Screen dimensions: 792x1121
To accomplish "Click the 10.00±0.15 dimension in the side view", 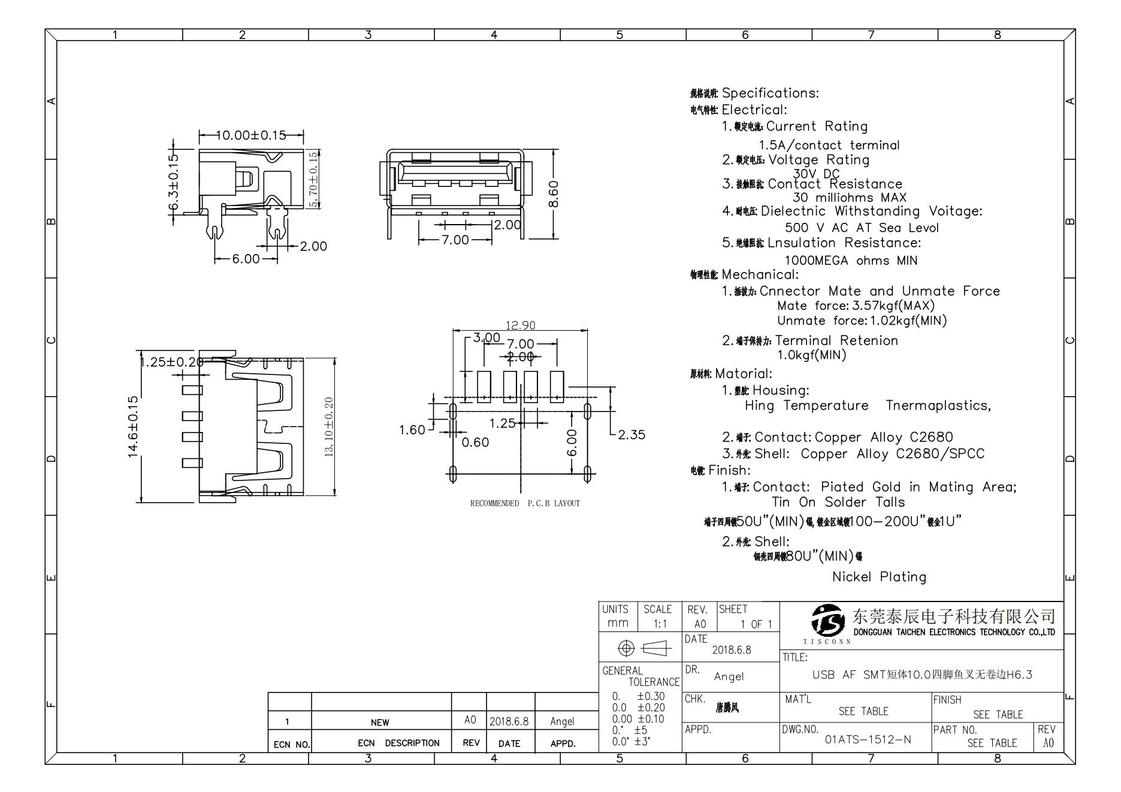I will (250, 135).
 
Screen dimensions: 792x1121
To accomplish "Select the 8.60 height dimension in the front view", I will (554, 194).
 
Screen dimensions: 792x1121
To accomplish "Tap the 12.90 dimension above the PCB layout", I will (520, 325).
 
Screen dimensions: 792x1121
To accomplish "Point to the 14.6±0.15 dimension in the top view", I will (133, 426).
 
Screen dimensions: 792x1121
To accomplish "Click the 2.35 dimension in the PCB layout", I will (631, 435).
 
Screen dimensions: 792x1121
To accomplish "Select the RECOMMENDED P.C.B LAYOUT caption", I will (525, 503).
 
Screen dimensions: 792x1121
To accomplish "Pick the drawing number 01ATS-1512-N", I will (868, 739).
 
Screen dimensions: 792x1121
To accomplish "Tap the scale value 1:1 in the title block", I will (660, 624).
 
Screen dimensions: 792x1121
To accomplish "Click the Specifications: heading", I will (770, 93).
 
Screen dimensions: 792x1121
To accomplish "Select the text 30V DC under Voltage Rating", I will (816, 174).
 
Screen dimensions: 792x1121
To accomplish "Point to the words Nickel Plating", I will (879, 577).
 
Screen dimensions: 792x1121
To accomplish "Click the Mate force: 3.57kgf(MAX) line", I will (856, 306).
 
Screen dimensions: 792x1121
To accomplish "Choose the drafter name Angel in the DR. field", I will (729, 676).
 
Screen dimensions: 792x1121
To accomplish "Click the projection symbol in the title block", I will (640, 648).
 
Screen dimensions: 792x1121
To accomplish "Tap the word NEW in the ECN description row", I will (379, 722).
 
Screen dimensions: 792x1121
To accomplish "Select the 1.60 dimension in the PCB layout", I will (412, 430).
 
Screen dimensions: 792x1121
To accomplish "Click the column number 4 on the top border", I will (494, 35).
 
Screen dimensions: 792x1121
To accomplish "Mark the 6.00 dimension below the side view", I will (246, 259).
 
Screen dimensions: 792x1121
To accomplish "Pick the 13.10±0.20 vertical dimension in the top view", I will (329, 427).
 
